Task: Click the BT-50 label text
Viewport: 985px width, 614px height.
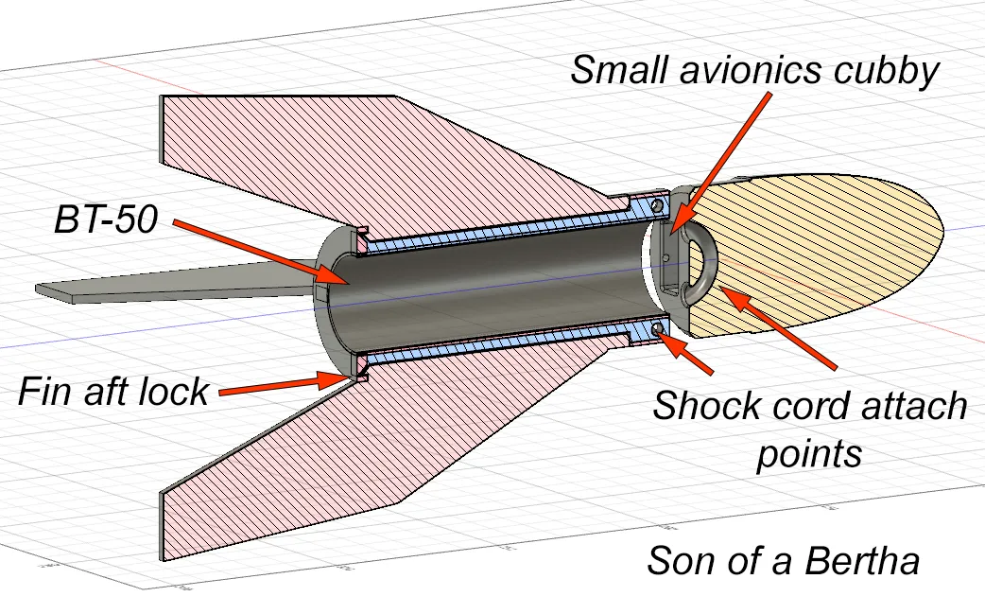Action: coord(106,219)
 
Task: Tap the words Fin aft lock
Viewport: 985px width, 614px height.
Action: coord(113,392)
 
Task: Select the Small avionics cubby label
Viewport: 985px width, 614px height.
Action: coord(753,70)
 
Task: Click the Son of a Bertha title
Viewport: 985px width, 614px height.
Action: coord(784,560)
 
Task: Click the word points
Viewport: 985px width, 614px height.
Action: coord(809,454)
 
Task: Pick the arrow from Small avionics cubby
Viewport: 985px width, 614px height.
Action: coord(720,164)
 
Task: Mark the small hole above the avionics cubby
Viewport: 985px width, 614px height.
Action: coord(657,205)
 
